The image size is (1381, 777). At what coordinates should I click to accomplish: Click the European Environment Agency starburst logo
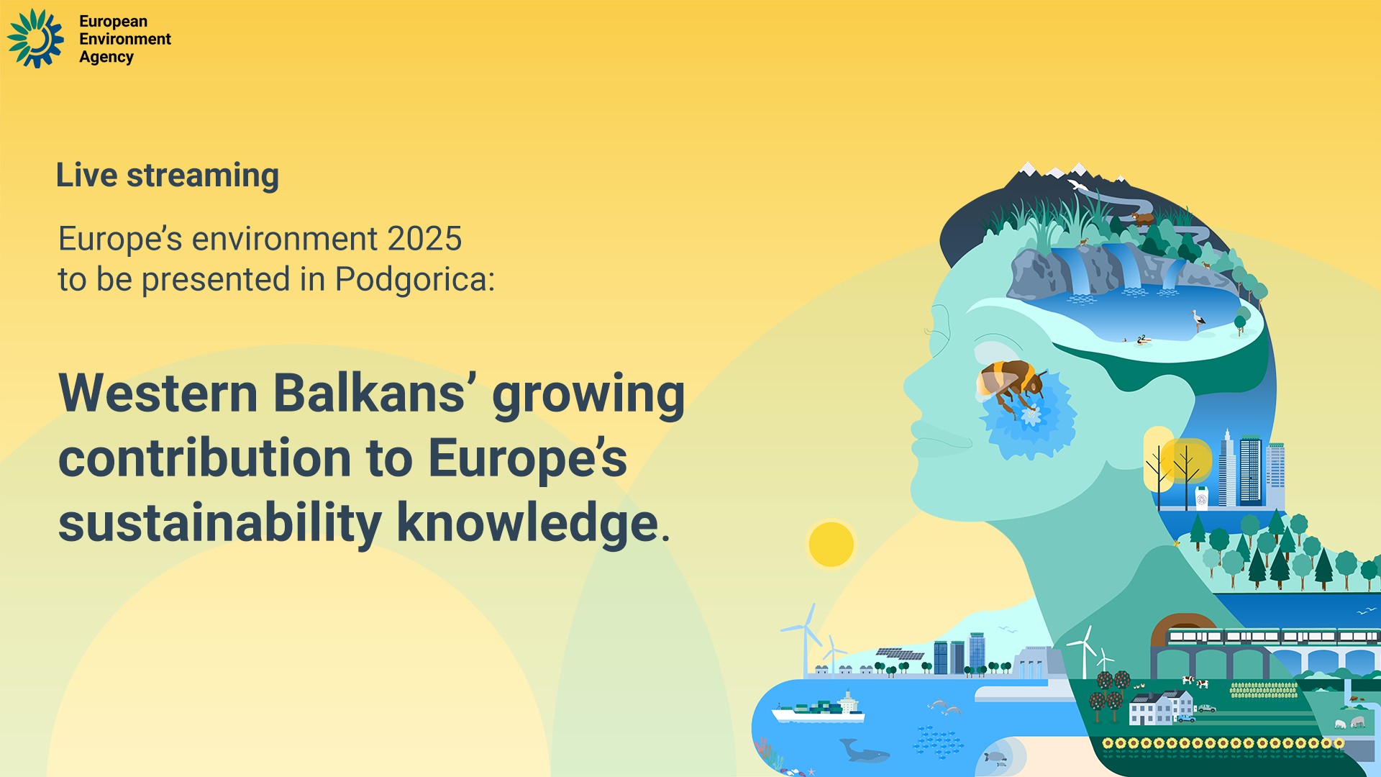tap(35, 39)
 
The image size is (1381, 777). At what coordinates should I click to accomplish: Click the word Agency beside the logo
tap(106, 58)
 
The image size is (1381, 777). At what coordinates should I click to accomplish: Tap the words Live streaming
tap(168, 176)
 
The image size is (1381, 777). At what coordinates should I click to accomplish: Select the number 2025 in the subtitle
tap(424, 239)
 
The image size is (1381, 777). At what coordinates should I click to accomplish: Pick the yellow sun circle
tap(831, 544)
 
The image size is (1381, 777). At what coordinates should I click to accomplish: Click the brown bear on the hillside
tap(1143, 218)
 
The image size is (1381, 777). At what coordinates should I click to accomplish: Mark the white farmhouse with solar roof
tap(1159, 708)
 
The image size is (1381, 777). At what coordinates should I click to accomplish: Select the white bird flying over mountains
tap(1077, 186)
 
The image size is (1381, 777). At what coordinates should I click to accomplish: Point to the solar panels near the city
tap(899, 654)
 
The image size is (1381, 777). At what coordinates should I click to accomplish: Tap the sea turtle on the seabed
tap(995, 758)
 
